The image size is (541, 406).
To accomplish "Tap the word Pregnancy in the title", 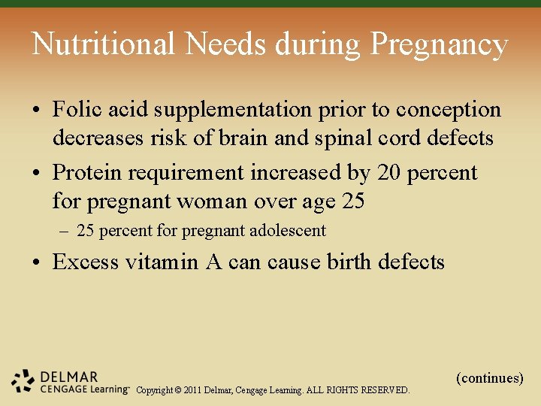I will click(x=439, y=46).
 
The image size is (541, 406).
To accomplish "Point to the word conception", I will click(x=449, y=111).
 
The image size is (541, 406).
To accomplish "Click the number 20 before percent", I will click(x=389, y=173).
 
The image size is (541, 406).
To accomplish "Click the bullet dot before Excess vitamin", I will click(x=37, y=263).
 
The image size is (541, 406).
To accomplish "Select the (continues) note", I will click(x=489, y=378).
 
